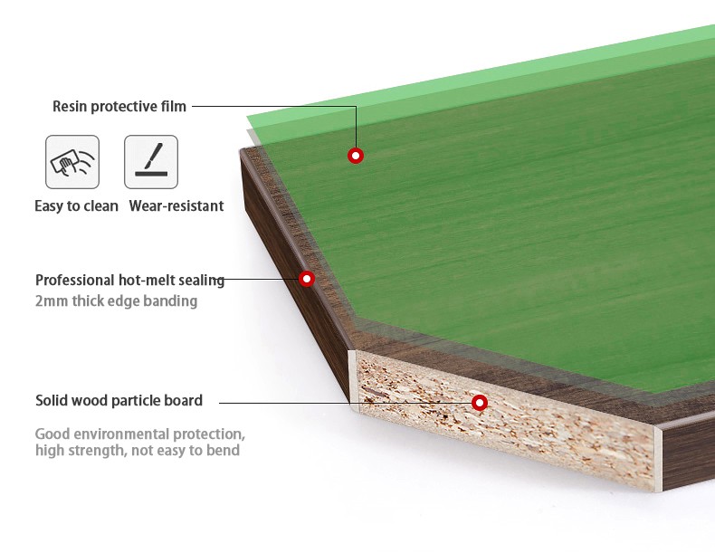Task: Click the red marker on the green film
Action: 356,156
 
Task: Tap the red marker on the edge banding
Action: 307,279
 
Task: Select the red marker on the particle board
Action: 480,402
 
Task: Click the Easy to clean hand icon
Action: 72,162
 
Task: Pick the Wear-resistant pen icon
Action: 151,162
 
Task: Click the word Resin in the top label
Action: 70,107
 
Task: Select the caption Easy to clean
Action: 76,206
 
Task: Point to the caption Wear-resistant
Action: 176,206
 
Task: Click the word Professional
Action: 73,281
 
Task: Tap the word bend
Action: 222,451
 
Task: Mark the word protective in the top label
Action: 123,107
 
